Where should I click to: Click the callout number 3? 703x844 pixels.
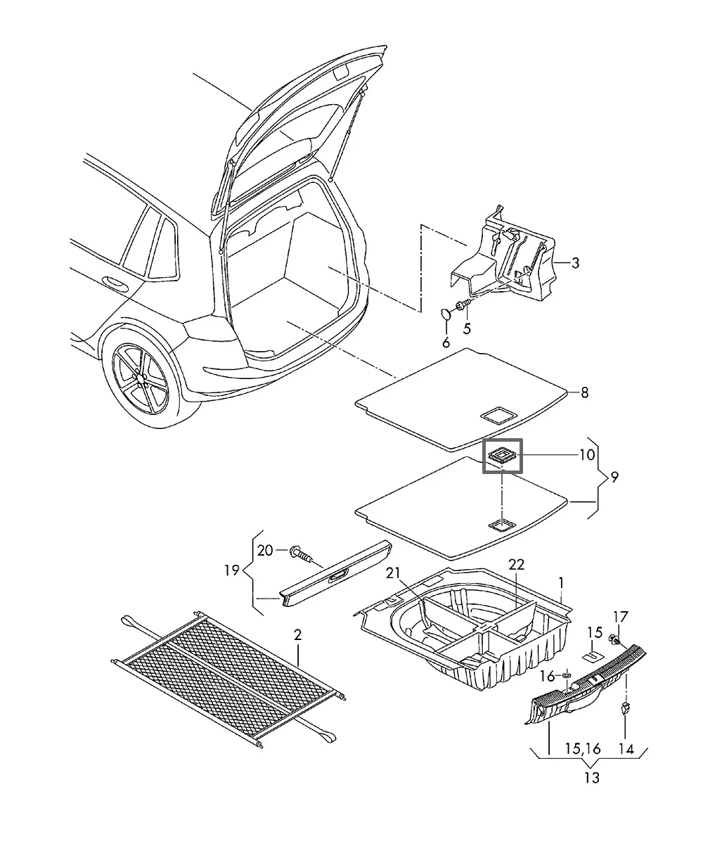coord(575,263)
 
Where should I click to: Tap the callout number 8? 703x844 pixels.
coord(584,392)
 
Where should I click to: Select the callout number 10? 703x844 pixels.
coord(587,455)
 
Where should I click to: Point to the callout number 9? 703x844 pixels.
coord(614,478)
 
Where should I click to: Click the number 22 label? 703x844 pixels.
coord(516,564)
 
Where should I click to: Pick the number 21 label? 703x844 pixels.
coord(393,573)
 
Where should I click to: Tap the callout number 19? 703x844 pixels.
coord(232,570)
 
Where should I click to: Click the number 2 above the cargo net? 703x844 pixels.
coord(297,635)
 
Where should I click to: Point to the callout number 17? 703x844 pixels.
coord(621,617)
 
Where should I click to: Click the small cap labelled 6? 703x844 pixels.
coord(445,314)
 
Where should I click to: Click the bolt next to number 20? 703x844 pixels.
coord(301,553)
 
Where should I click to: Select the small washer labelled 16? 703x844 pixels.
coord(567,674)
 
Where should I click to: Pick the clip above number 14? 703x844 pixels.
coord(625,708)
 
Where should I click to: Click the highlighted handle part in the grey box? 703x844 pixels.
coord(503,456)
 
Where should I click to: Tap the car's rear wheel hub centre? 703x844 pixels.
coord(141,378)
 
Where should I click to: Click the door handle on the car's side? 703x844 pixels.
coord(115,283)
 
